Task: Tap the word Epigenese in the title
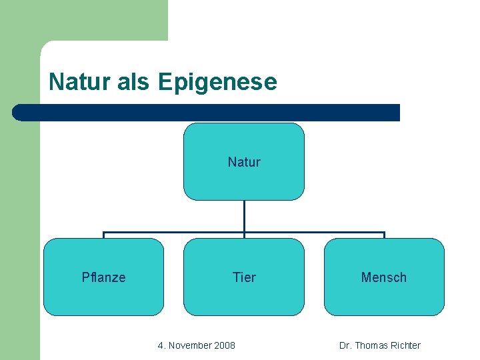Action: click(x=217, y=83)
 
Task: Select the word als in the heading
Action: click(x=133, y=83)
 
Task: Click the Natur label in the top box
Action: click(x=244, y=162)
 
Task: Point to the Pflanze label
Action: click(x=103, y=277)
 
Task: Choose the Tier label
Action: click(x=244, y=277)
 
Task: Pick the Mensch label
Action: click(x=383, y=277)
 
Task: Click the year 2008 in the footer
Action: click(x=225, y=345)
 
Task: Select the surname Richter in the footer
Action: click(x=405, y=345)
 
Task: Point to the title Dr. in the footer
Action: click(x=345, y=345)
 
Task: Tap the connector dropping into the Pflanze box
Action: click(x=103, y=235)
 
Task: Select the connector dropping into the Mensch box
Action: click(x=384, y=235)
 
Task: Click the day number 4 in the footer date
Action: click(x=160, y=345)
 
